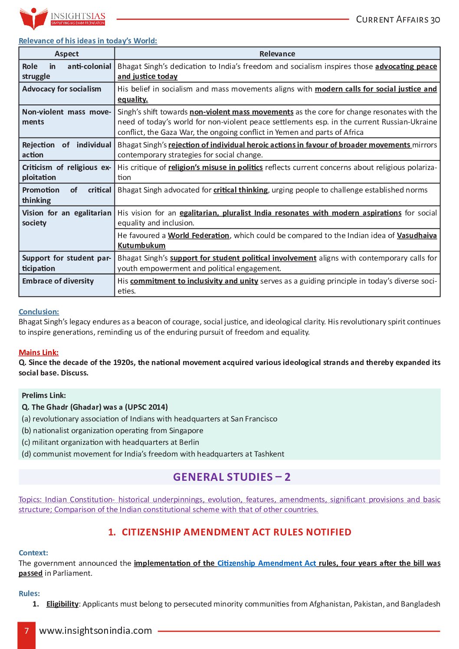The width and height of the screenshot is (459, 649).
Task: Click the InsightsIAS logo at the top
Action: click(62, 18)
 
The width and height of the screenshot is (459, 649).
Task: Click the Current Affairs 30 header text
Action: click(398, 20)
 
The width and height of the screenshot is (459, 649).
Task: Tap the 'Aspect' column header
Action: click(67, 54)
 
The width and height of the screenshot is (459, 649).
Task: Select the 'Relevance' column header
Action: click(277, 54)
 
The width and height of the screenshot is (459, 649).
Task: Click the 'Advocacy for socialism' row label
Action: click(62, 89)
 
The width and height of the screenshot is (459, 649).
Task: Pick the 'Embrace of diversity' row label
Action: click(58, 281)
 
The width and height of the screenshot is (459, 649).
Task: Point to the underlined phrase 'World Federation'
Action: click(198, 235)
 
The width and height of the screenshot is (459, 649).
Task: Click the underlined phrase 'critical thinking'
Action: click(240, 190)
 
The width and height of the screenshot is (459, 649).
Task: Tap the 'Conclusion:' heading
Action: click(39, 312)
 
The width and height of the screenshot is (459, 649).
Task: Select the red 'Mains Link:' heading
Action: click(39, 352)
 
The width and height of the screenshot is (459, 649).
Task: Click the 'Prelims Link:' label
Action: click(44, 395)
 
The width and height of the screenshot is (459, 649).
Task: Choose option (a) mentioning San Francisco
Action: click(149, 419)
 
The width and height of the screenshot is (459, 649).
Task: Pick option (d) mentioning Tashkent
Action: click(153, 454)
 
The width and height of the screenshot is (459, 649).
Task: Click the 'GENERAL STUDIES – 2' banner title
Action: click(232, 477)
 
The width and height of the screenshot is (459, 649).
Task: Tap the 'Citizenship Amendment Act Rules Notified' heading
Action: click(229, 532)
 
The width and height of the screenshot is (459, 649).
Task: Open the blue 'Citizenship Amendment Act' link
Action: click(266, 563)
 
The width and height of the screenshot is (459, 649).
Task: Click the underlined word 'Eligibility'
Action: click(62, 604)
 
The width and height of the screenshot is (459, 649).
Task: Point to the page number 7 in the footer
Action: click(26, 631)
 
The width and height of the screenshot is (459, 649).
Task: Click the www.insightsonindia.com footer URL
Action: click(95, 631)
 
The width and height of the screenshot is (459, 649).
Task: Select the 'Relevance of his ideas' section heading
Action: click(88, 41)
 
